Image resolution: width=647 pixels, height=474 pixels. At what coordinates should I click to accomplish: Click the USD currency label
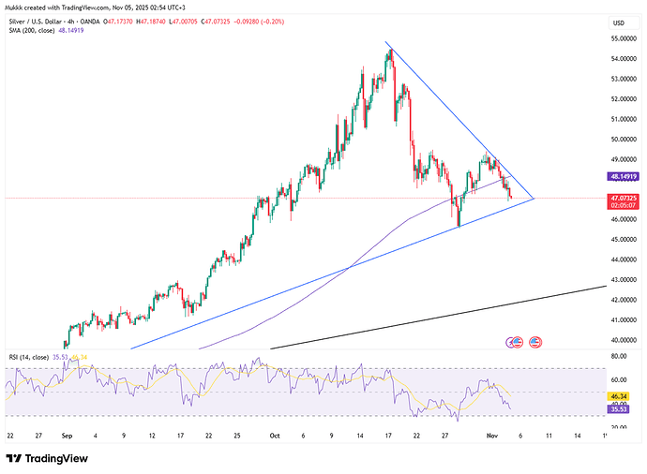[x=618, y=22]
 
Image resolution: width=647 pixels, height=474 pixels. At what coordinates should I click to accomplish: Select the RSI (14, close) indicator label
[x=29, y=358]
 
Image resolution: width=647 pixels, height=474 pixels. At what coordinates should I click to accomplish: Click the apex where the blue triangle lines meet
[x=534, y=199]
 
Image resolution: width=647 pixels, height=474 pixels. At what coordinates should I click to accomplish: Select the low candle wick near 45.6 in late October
[x=459, y=225]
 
